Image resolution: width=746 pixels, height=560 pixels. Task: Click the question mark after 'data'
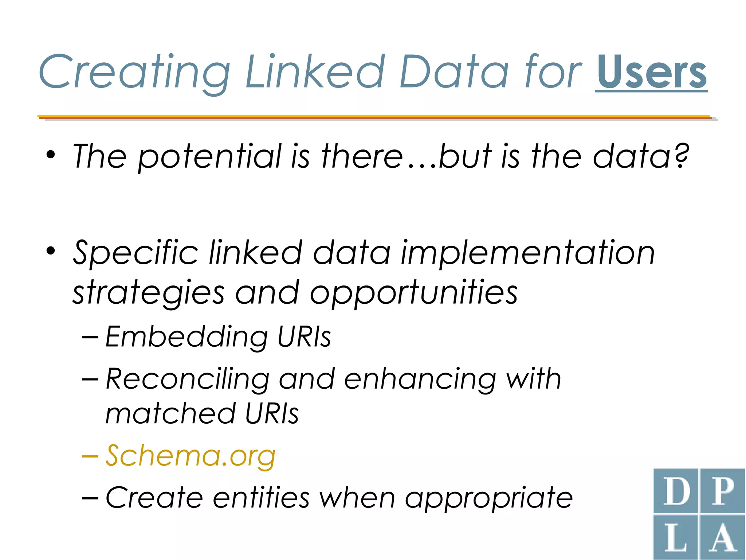tap(681, 155)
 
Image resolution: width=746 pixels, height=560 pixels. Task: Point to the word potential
tap(210, 157)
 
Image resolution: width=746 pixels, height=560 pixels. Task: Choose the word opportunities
tap(413, 293)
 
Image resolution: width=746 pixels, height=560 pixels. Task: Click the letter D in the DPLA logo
tap(676, 491)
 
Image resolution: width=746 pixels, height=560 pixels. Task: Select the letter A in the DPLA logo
tap(722, 537)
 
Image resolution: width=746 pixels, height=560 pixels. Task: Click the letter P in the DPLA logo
tap(722, 491)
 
